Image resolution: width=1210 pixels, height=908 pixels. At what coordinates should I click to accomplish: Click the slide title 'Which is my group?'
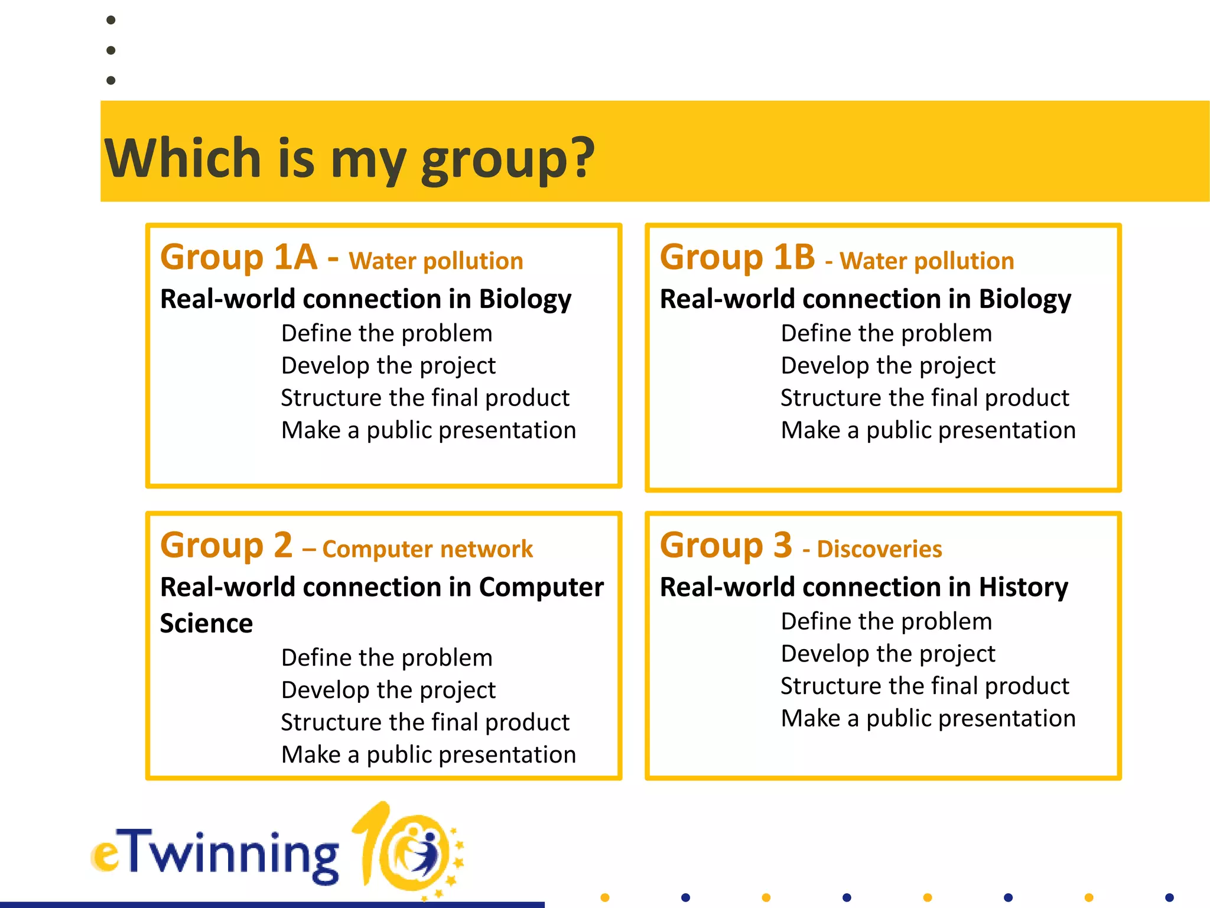(x=349, y=158)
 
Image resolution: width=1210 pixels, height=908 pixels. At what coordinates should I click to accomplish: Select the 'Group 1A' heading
(x=239, y=257)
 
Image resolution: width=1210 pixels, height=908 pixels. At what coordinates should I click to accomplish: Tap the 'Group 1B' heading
(x=737, y=257)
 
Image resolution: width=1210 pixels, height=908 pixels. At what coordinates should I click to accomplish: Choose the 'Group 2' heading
(x=226, y=545)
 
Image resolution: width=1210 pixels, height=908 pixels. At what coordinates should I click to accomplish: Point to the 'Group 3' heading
(x=726, y=545)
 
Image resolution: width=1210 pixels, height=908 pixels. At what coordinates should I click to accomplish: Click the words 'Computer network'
(x=427, y=549)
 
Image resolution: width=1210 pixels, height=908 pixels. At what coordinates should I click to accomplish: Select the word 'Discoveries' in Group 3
(x=879, y=549)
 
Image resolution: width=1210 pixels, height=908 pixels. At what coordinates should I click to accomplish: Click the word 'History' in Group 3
(x=1023, y=587)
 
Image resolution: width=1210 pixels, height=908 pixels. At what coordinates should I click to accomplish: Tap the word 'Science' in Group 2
(x=206, y=624)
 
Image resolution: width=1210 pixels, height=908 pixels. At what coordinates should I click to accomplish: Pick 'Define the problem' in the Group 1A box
(x=386, y=333)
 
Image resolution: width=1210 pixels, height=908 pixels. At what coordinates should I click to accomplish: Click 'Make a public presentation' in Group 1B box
(x=928, y=430)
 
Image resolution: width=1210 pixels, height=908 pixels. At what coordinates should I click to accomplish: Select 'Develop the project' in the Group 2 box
(x=388, y=690)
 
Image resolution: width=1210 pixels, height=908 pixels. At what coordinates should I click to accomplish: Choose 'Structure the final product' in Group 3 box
(x=925, y=686)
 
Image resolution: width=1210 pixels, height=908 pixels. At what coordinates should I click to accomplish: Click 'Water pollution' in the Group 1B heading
(x=926, y=261)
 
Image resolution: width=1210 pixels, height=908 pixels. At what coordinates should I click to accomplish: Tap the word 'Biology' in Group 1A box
(x=525, y=299)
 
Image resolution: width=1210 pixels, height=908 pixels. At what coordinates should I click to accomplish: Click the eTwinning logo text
(x=216, y=855)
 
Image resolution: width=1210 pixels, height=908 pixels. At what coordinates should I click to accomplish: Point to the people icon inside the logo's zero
(x=421, y=851)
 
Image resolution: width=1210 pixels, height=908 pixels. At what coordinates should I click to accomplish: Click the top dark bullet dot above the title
(x=110, y=20)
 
